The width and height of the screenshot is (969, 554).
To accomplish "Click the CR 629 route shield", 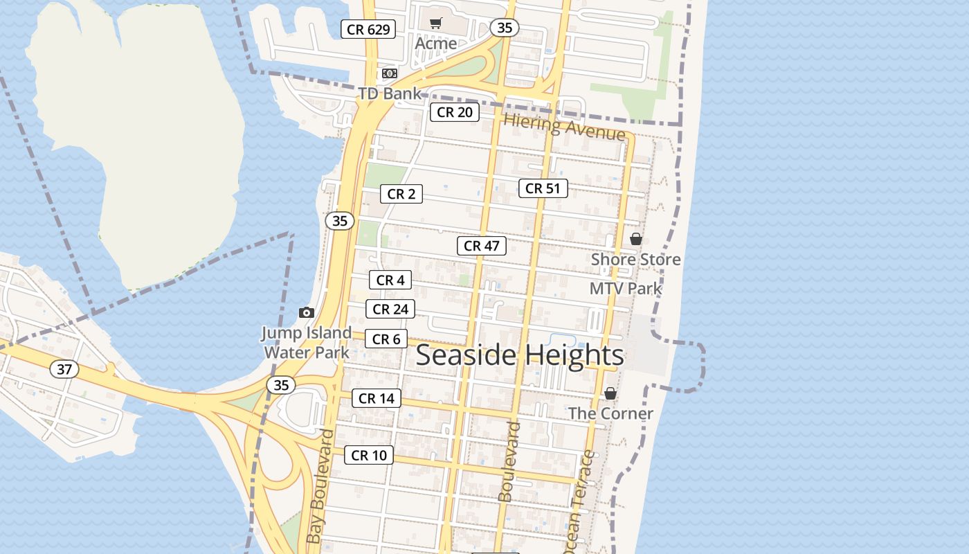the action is pos(368,29).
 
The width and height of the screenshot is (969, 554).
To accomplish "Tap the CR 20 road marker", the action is pos(455,112).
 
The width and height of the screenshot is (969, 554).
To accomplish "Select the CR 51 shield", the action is pos(543,188).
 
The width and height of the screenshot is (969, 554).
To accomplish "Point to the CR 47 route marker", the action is pos(482,246).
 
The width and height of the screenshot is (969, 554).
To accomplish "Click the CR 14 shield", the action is pos(377,398).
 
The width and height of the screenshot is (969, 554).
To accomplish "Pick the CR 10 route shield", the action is pos(369,455).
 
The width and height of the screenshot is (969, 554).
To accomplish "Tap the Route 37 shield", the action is pos(64,369).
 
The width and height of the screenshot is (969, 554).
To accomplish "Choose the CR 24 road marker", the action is pos(390,309).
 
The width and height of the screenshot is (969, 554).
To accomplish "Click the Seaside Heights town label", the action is pos(520,355).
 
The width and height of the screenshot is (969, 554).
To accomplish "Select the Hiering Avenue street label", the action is pos(564,127).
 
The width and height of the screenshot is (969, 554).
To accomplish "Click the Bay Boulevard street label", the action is pos(320,486).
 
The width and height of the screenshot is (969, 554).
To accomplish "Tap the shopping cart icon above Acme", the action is pos(435,24).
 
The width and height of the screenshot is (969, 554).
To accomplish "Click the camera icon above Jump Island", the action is pos(307,313).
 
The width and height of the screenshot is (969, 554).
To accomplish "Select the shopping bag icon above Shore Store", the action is pos(636,240).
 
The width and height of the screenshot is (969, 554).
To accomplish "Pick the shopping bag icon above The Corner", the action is pos(610,394).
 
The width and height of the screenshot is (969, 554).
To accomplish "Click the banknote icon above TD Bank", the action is pos(390,73).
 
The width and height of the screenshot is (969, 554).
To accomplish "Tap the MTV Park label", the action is pos(626,289).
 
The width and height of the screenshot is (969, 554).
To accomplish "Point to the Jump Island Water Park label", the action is pos(307,342).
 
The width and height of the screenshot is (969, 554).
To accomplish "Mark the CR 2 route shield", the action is pos(401,195).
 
